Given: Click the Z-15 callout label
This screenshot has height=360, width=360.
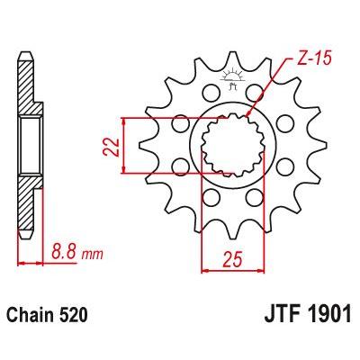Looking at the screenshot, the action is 314,59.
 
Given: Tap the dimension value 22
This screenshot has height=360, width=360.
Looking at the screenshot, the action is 112,147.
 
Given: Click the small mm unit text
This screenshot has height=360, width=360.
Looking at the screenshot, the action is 93,255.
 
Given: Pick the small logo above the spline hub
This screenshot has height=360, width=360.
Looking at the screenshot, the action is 232,78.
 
